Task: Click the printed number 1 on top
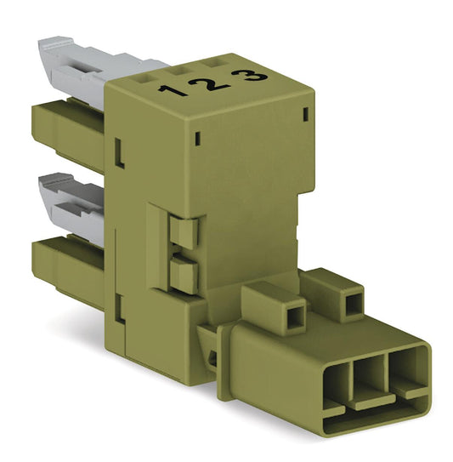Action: pos(173,90)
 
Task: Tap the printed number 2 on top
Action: pos(210,84)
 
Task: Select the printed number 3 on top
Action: pos(249,76)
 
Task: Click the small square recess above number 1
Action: pos(144,78)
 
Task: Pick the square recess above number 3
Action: pos(211,63)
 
